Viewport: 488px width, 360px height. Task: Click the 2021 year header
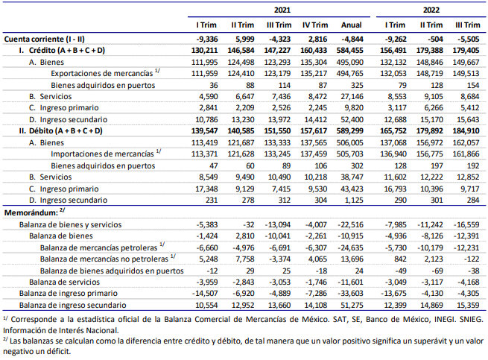pos(282,10)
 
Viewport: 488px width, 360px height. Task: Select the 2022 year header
pos(431,10)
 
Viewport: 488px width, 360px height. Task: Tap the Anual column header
pos(352,25)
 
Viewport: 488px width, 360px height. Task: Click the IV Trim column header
pos(315,25)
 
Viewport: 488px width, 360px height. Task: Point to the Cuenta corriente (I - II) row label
pos(44,40)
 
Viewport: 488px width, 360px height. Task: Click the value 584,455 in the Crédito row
pos(350,51)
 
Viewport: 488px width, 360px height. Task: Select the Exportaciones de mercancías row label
pos(102,74)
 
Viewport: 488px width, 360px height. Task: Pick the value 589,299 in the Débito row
pos(350,130)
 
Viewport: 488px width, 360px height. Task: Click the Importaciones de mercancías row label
pos(102,154)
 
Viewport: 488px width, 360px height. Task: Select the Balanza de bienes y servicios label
pos(70,225)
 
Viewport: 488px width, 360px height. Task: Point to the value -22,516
pos(350,225)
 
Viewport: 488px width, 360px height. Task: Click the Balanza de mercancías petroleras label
pos(98,248)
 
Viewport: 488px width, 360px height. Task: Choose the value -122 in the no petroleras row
pos(470,259)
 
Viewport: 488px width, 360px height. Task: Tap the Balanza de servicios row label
pos(64,282)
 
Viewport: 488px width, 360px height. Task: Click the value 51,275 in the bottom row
pos(352,305)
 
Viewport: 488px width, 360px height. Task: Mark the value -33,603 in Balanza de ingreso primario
pos(350,294)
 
